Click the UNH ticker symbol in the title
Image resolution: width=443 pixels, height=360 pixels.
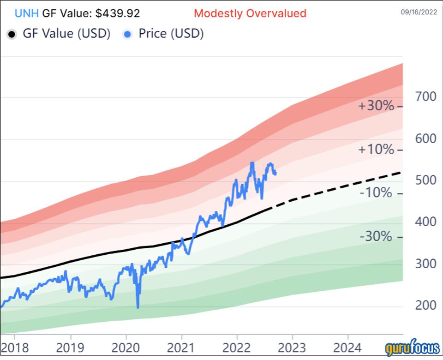[x=27, y=13]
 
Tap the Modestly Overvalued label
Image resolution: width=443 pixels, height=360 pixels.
[x=250, y=13]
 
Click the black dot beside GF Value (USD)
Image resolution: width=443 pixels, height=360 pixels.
[x=12, y=34]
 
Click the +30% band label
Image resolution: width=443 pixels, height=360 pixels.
[x=377, y=106]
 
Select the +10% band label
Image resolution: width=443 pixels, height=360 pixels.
[x=377, y=150]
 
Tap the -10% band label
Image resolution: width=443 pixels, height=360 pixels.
[x=377, y=193]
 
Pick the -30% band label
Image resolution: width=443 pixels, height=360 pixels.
[x=377, y=237]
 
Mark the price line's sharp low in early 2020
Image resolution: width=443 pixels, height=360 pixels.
[x=138, y=307]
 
